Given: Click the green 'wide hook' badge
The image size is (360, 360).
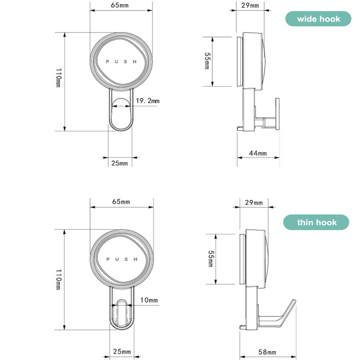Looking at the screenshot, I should point(318,19).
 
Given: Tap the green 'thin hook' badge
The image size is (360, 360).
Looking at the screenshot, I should point(316,223).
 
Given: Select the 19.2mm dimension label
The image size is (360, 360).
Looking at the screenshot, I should point(148,101).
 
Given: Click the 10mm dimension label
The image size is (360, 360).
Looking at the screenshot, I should point(149,300).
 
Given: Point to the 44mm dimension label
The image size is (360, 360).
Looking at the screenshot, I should point(258,153).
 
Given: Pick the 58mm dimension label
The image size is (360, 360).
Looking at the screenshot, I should point(267,352).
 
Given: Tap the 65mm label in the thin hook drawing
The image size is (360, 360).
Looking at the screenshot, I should point(121,202).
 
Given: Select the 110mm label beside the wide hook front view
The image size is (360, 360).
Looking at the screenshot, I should point(58,78).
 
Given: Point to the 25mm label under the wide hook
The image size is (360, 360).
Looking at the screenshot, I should point(120,163).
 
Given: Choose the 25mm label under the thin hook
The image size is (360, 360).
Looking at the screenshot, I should point(122,352).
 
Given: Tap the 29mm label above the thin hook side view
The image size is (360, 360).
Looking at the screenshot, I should point(253,202).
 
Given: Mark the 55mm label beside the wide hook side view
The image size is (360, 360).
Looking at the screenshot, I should point(207,61).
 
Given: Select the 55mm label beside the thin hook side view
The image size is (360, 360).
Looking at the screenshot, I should point(210,259).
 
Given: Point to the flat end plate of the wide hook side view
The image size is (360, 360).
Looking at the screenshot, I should point(277,113).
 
